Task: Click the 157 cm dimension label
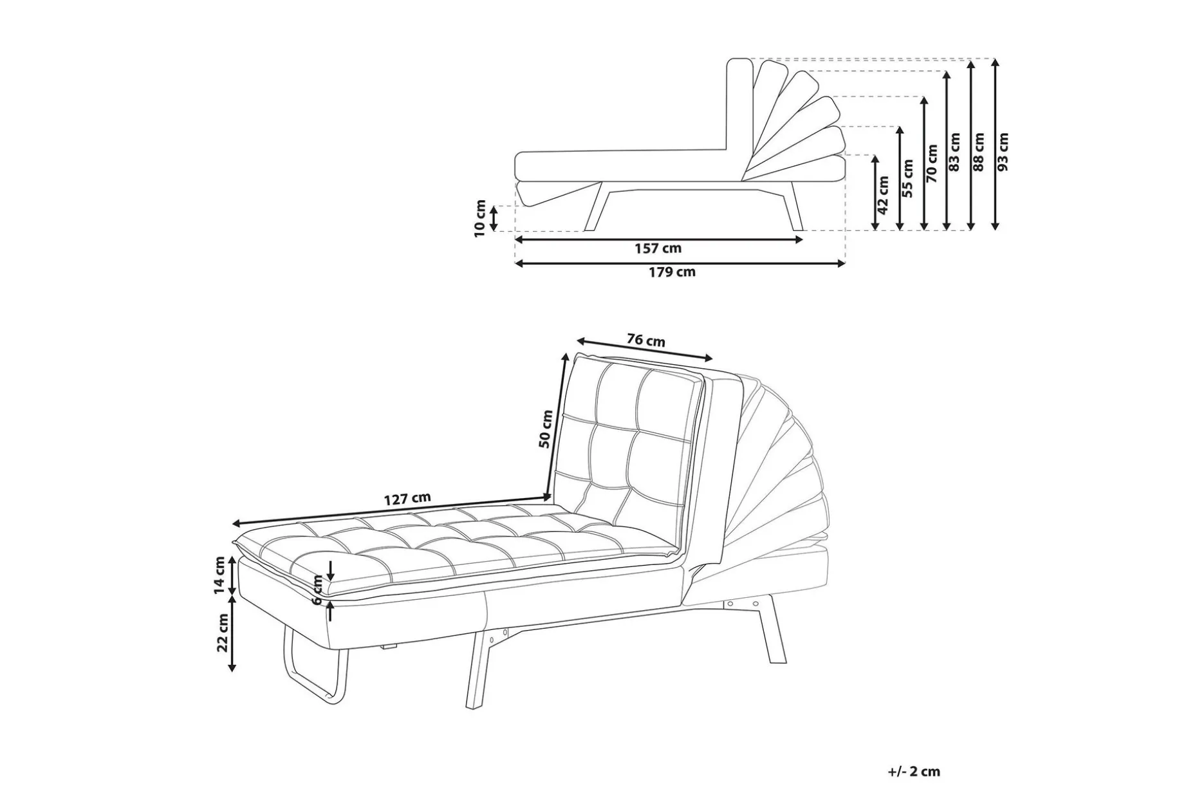(x=658, y=248)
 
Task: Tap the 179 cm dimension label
(x=672, y=272)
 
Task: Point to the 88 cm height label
(x=979, y=152)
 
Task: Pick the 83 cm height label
(x=954, y=152)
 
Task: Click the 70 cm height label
(x=932, y=163)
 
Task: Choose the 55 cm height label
(x=908, y=178)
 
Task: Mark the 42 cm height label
(x=884, y=195)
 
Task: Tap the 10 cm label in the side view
(x=480, y=218)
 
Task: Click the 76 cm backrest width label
(x=646, y=340)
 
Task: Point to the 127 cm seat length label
(x=407, y=499)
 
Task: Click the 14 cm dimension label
(x=220, y=575)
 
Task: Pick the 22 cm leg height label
(x=223, y=633)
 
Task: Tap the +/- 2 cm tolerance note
(x=914, y=772)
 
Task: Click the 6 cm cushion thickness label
(x=317, y=589)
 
